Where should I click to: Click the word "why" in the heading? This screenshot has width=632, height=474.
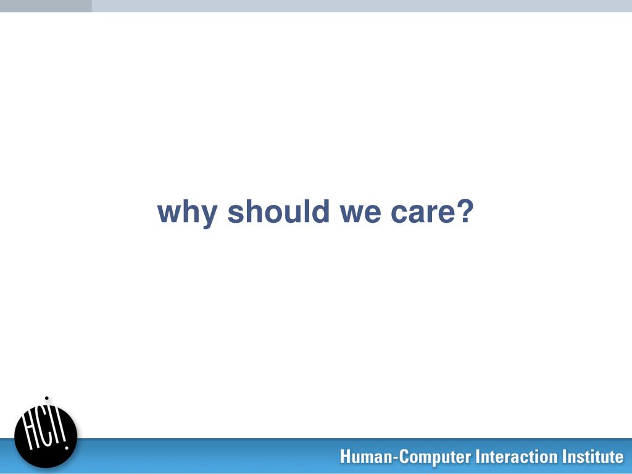click(188, 213)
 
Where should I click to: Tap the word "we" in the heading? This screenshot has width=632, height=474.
click(360, 213)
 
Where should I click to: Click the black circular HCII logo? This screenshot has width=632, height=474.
click(46, 436)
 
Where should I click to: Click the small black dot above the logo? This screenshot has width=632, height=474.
click(47, 398)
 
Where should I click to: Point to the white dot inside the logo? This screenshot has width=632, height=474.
click(67, 447)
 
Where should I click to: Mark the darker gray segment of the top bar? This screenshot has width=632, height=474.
click(46, 6)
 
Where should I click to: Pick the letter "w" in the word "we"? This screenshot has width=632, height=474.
click(353, 214)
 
